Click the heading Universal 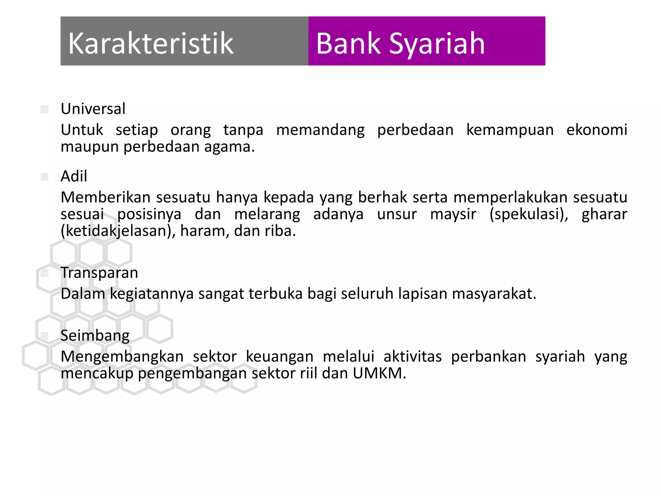93,109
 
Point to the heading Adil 74,176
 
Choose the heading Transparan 99,273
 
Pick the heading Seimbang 95,336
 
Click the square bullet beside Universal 45,109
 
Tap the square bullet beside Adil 45,177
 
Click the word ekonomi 597,130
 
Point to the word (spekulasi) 529,214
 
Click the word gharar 604,214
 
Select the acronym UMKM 379,373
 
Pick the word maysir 453,214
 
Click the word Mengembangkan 122,356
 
